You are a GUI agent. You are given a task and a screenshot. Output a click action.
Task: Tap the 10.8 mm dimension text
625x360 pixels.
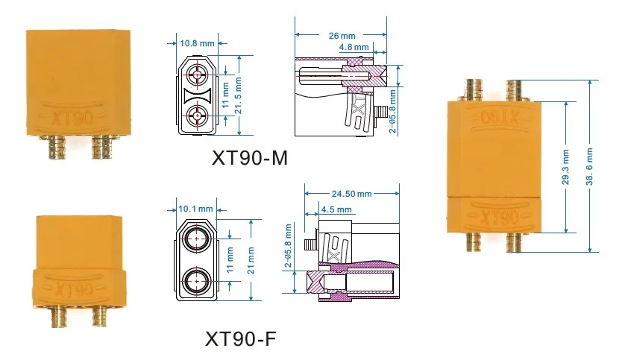(197, 43)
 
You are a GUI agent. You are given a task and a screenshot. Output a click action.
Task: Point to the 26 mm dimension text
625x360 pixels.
(340, 34)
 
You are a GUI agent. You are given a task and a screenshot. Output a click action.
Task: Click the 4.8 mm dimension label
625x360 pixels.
(353, 47)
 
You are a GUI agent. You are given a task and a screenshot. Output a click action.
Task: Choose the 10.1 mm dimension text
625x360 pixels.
(196, 209)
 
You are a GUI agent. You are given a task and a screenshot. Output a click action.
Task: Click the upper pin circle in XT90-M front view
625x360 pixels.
(198, 74)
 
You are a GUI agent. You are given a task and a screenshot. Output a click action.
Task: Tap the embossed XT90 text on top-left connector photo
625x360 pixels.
(60, 116)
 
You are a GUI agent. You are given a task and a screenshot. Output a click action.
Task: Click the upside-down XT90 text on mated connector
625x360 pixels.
(493, 118)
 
